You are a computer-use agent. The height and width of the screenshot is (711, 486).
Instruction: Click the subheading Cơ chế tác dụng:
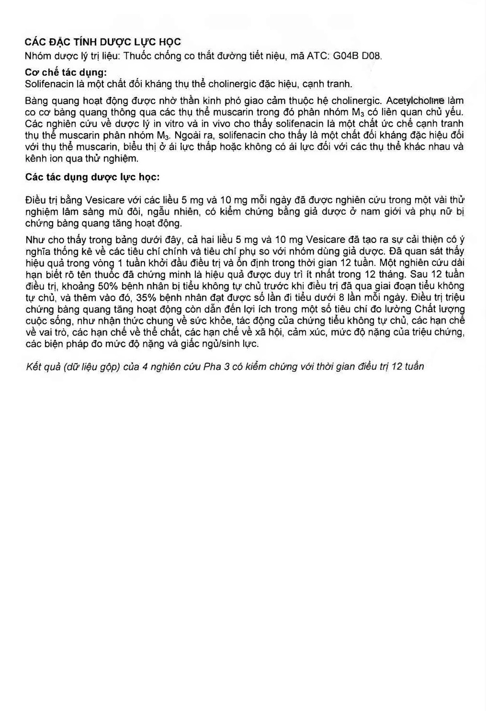pyautogui.click(x=66, y=73)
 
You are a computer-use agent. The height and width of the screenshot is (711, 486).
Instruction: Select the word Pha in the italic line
pyautogui.click(x=212, y=366)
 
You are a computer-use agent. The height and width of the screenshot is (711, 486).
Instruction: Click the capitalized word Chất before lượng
pyautogui.click(x=426, y=309)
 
